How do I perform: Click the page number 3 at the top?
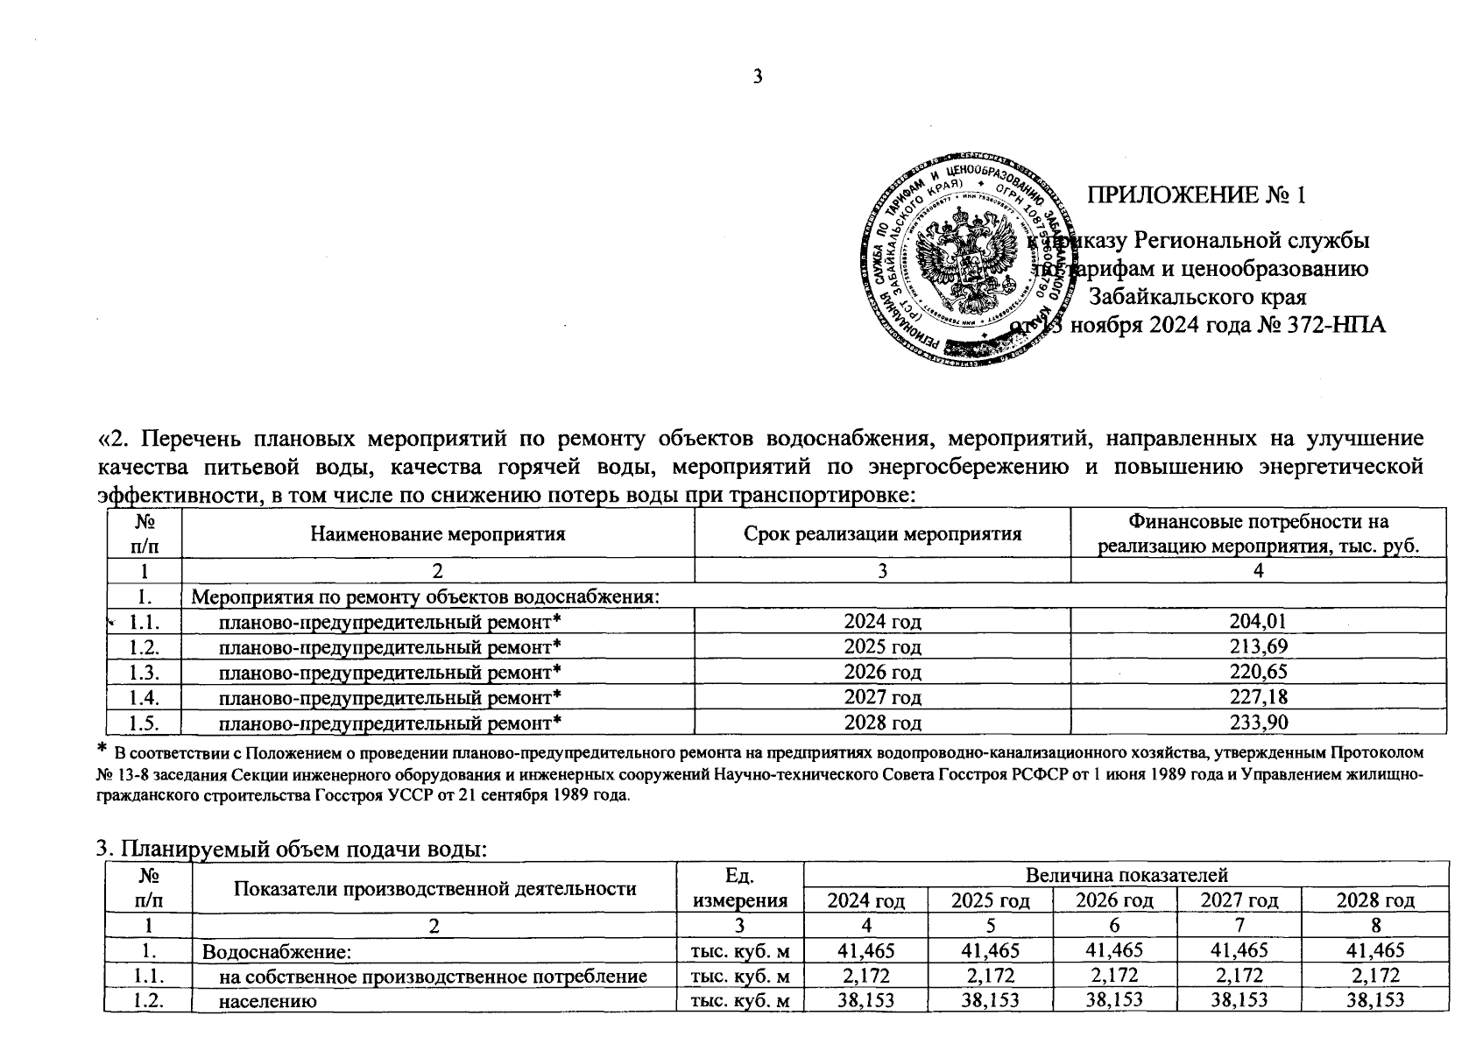758,77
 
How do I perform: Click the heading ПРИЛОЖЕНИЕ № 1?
1197,194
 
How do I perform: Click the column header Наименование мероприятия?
437,533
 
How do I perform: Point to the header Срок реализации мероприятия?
882,533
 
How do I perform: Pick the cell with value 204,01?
1258,622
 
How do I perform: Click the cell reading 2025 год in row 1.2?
882,647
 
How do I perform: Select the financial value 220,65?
1258,673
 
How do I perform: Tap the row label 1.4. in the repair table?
143,698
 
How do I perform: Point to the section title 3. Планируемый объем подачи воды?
291,849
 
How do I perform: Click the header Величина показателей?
1126,874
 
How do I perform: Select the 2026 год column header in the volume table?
1114,899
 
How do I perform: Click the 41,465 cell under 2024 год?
865,950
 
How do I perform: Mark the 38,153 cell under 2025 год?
990,1000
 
